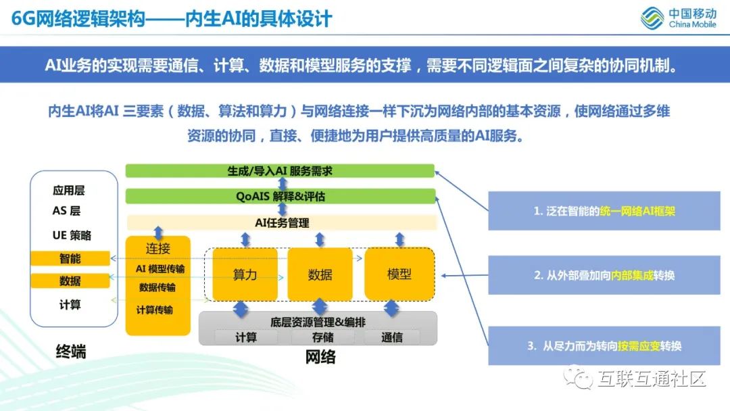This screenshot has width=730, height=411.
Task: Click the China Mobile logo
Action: [x=679, y=18]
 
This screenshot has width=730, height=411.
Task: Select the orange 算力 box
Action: [x=245, y=274]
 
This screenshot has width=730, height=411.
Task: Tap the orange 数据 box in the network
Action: [x=320, y=274]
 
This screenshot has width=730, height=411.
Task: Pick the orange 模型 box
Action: [x=399, y=274]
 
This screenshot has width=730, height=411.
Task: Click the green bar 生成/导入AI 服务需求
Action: [x=280, y=171]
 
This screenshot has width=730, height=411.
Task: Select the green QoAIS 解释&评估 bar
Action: [x=280, y=196]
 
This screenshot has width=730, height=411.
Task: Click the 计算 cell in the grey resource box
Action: [x=246, y=337]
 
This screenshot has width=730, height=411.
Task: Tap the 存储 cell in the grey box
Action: [x=322, y=337]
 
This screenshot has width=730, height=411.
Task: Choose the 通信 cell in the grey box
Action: [x=392, y=337]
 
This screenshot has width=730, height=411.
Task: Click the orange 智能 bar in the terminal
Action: [x=70, y=258]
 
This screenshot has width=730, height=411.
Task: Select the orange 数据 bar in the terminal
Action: [x=70, y=281]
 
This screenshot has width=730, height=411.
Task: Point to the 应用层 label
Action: [x=69, y=191]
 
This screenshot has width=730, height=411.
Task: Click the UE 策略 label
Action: [x=72, y=235]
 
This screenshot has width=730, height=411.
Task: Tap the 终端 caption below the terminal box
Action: [x=71, y=351]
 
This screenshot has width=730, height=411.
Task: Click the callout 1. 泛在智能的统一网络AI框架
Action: [x=604, y=211]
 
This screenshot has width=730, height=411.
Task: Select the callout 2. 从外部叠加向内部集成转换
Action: [x=604, y=275]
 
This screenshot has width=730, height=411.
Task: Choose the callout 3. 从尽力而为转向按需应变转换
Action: [x=604, y=345]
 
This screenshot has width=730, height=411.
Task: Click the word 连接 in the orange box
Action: [x=158, y=249]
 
